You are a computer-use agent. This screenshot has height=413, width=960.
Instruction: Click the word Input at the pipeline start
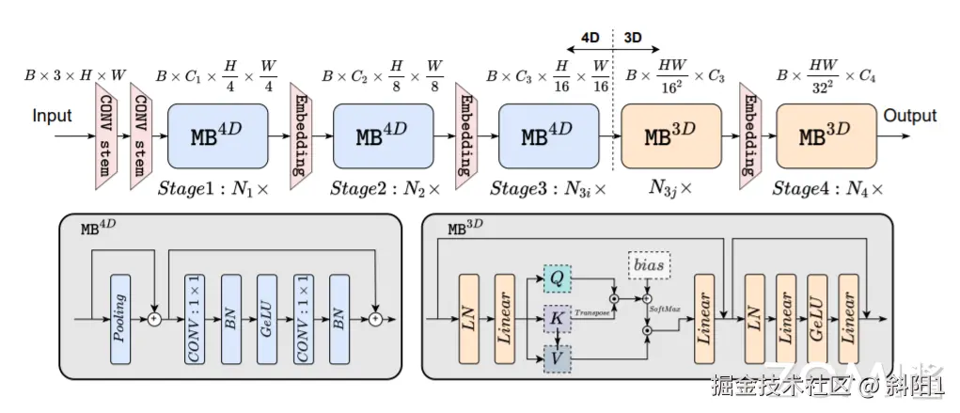(x=53, y=117)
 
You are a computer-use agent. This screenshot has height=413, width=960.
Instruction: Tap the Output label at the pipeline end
(x=909, y=116)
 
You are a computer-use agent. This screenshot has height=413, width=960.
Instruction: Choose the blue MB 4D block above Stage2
(x=383, y=135)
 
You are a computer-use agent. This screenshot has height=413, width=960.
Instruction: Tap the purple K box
(x=556, y=320)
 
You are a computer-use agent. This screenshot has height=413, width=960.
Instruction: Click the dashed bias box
(x=650, y=266)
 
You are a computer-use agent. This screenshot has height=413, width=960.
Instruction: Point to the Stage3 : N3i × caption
(x=547, y=189)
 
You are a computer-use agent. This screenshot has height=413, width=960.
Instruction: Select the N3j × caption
(x=669, y=189)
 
